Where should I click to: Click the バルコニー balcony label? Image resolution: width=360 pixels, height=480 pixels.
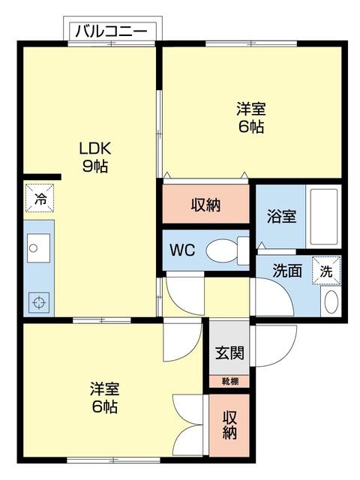pyautogui.click(x=114, y=31)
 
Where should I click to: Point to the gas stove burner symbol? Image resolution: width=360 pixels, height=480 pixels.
pyautogui.click(x=38, y=304)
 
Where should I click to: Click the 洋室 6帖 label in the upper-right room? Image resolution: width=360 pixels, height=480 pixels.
pyautogui.click(x=251, y=118)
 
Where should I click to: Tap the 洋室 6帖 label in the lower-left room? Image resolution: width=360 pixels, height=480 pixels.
pyautogui.click(x=104, y=398)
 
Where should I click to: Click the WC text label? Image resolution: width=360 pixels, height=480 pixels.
pyautogui.click(x=182, y=250)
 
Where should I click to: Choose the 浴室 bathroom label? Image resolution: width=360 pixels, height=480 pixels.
pyautogui.click(x=281, y=217)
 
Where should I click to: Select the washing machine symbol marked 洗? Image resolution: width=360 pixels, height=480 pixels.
pyautogui.click(x=327, y=271)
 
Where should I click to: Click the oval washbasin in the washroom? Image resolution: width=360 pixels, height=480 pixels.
pyautogui.click(x=330, y=302)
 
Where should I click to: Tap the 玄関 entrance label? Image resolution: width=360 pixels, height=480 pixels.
pyautogui.click(x=229, y=352)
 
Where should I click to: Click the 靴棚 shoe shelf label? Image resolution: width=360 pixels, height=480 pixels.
pyautogui.click(x=229, y=382)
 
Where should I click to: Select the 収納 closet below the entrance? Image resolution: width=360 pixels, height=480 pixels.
pyautogui.click(x=229, y=425)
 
